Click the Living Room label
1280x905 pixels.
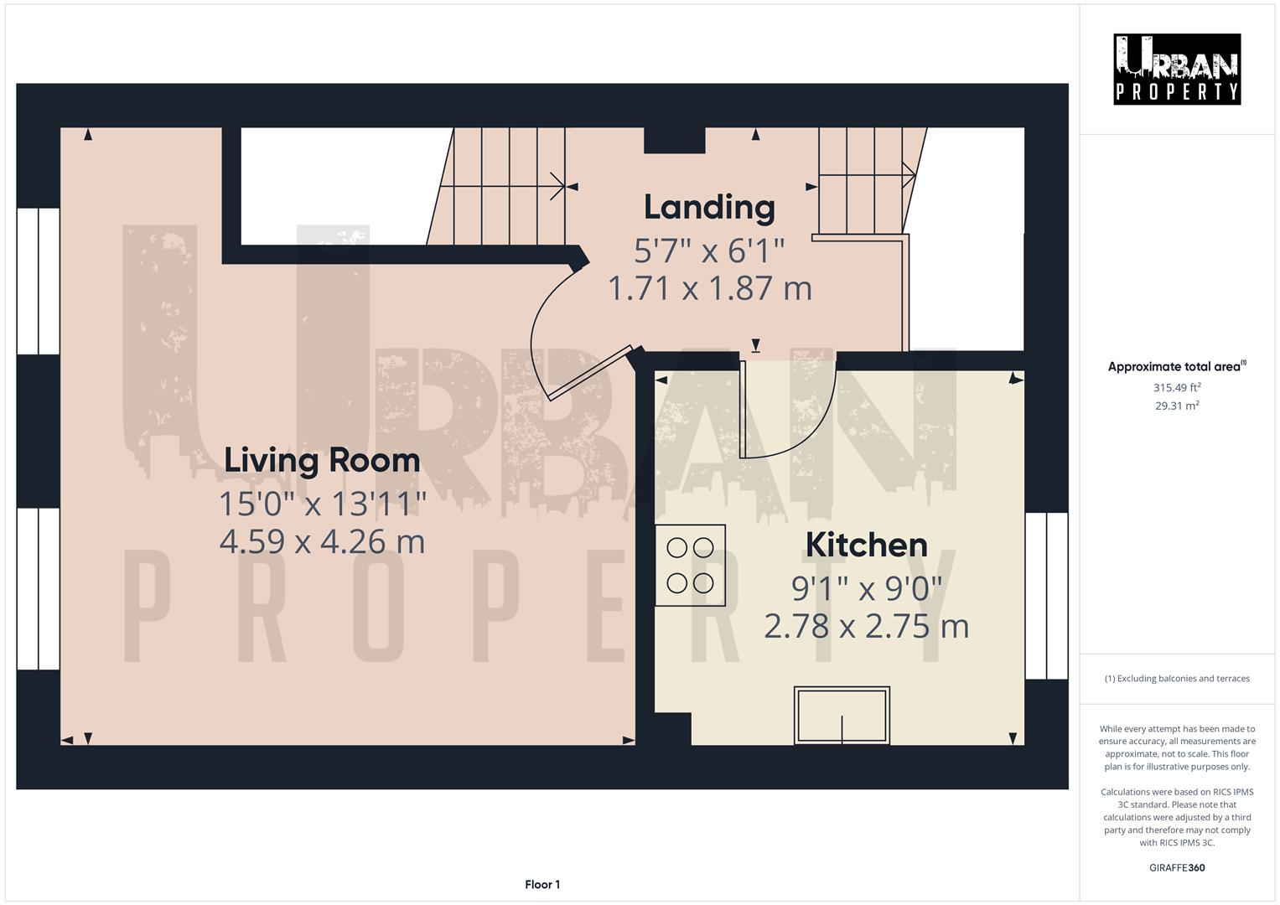322,460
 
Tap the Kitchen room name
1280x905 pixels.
866,545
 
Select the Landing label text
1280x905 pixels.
709,207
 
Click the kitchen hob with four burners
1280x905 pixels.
690,565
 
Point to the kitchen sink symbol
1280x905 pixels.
842,715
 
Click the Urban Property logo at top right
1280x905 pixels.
1176,69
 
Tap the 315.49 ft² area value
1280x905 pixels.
1176,387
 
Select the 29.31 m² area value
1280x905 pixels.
1176,406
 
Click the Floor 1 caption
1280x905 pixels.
542,884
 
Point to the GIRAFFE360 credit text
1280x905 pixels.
1176,867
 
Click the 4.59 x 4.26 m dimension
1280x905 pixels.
322,541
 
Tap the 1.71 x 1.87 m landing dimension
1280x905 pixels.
709,288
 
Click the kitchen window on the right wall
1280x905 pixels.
1046,583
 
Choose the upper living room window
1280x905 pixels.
39,281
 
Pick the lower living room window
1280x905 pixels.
39,588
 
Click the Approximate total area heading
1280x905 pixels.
1176,366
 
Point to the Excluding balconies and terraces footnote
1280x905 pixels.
1176,679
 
